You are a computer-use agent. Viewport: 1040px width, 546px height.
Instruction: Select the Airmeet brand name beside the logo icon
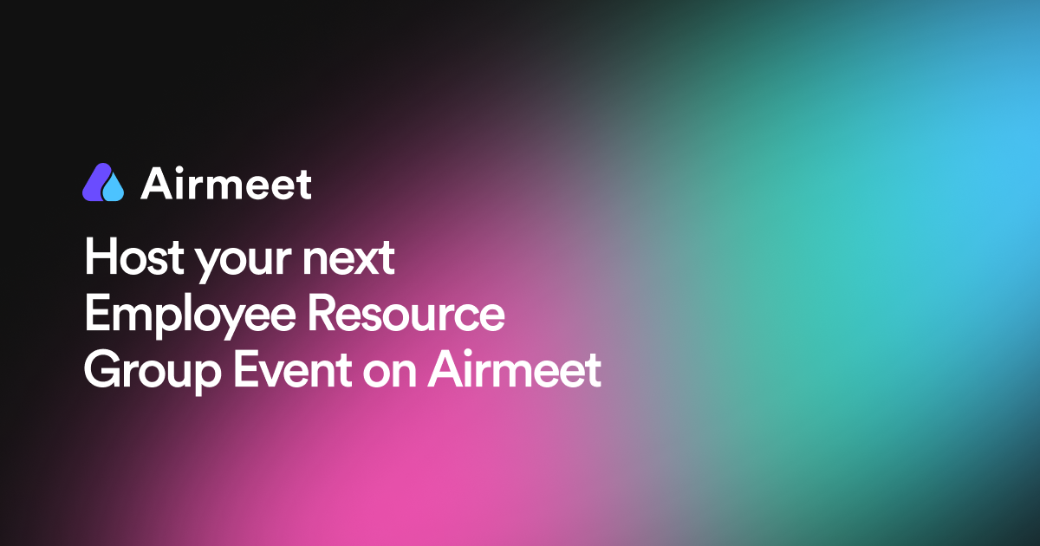pyautogui.click(x=225, y=183)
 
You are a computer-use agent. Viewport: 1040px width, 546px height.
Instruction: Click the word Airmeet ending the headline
pyautogui.click(x=515, y=370)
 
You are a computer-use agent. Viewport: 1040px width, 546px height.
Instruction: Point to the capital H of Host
pyautogui.click(x=99, y=258)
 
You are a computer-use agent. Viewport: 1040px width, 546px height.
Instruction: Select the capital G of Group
pyautogui.click(x=101, y=370)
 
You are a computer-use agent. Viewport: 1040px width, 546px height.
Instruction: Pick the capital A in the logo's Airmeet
pyautogui.click(x=156, y=183)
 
